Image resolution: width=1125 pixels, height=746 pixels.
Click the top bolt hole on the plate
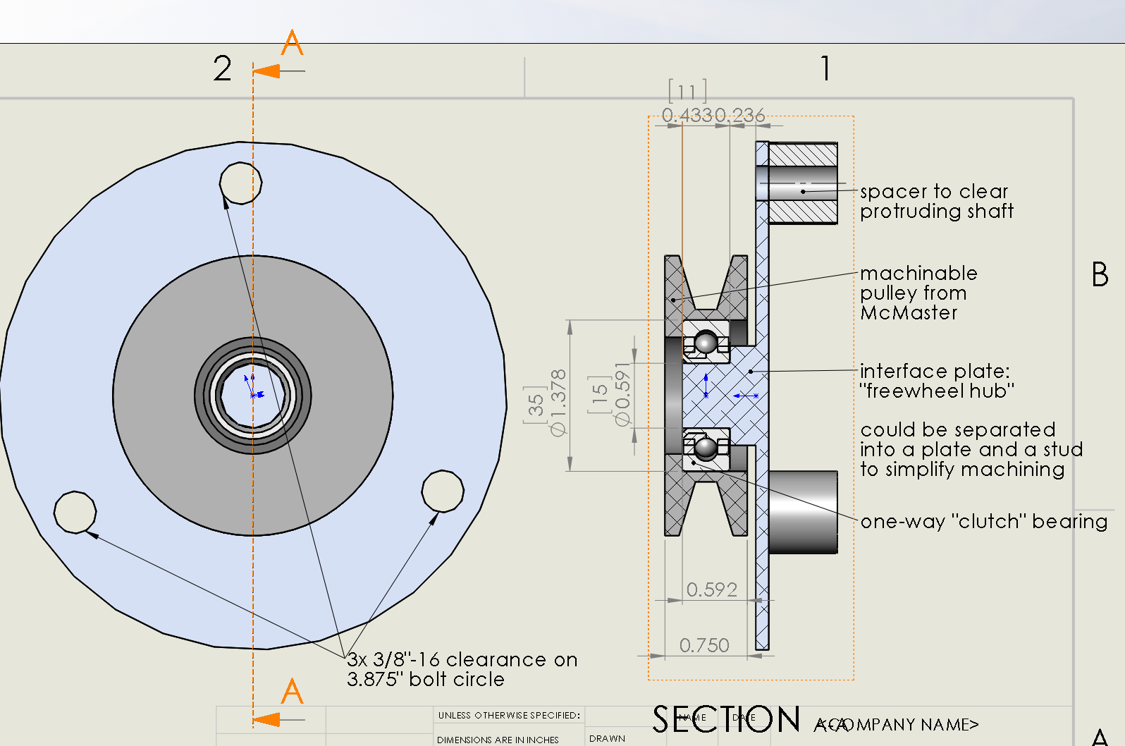[x=240, y=183]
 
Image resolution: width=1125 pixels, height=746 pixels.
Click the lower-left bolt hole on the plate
[x=75, y=512]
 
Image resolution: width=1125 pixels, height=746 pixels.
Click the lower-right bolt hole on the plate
[x=443, y=491]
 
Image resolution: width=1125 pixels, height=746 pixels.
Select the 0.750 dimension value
[x=704, y=645]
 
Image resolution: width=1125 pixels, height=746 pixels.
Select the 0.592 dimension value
[x=711, y=589]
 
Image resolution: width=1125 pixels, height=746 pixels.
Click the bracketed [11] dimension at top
[x=687, y=92]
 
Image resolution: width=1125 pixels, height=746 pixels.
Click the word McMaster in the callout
[x=909, y=312]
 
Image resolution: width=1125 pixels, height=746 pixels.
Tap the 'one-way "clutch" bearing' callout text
[x=983, y=521]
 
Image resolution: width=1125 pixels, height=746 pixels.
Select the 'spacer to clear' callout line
[x=934, y=191]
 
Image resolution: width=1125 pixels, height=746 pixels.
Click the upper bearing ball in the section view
[x=706, y=343]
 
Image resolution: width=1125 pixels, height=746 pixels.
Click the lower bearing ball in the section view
[x=705, y=448]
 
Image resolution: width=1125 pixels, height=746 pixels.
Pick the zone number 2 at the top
[x=222, y=68]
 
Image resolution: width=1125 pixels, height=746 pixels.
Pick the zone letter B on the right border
[x=1100, y=274]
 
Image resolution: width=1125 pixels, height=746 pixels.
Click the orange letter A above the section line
[x=292, y=43]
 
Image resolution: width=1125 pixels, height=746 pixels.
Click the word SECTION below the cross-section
[x=726, y=720]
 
